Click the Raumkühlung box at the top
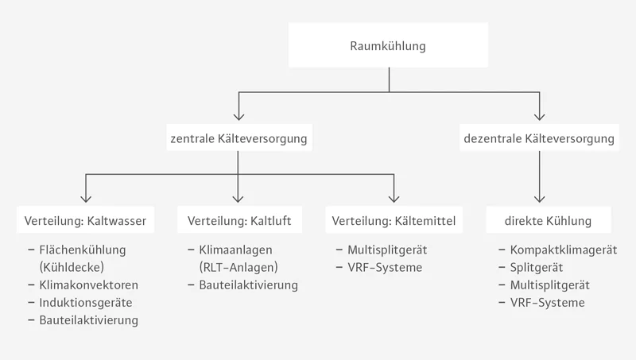[388, 46]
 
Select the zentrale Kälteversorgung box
[238, 138]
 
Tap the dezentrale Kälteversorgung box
[539, 138]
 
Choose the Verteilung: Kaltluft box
[238, 219]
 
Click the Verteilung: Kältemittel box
[393, 219]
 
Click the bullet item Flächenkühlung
[82, 250]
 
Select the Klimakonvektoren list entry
[88, 285]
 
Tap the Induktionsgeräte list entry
[85, 303]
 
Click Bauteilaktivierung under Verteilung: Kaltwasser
[88, 320]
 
